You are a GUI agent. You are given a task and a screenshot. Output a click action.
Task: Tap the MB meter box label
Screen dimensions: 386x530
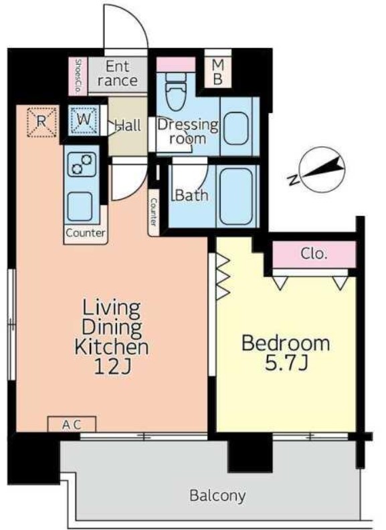pyautogui.click(x=218, y=72)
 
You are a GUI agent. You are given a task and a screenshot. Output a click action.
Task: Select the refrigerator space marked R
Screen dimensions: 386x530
pyautogui.click(x=41, y=122)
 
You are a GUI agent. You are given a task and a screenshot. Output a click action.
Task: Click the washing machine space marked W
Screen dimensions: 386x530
pyautogui.click(x=84, y=120)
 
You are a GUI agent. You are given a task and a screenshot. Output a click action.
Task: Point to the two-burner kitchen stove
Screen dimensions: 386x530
pyautogui.click(x=82, y=164)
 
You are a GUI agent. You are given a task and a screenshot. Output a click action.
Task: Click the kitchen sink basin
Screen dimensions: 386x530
pyautogui.click(x=80, y=207)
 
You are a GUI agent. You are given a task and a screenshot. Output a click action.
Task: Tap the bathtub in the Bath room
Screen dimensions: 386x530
pyautogui.click(x=236, y=196)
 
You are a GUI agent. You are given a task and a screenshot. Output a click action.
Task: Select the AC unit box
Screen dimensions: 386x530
pyautogui.click(x=72, y=424)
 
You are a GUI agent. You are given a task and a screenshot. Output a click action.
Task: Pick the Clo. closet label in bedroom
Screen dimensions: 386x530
pyautogui.click(x=314, y=253)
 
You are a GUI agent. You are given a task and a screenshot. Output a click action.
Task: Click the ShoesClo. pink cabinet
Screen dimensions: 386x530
pyautogui.click(x=78, y=76)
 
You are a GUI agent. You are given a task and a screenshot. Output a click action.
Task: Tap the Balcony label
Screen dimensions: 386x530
pyautogui.click(x=217, y=496)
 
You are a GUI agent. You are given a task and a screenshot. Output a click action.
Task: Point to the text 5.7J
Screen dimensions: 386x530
pyautogui.click(x=286, y=364)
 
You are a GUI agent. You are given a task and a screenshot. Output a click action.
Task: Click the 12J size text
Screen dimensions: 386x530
pyautogui.click(x=112, y=366)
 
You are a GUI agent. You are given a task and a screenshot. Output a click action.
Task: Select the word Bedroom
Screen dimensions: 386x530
pyautogui.click(x=286, y=343)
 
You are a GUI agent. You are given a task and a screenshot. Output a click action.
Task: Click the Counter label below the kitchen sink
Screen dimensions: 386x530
pyautogui.click(x=85, y=233)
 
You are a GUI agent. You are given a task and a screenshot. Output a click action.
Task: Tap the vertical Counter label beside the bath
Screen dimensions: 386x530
pyautogui.click(x=154, y=213)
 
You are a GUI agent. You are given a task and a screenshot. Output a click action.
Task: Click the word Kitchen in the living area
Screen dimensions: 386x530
pyautogui.click(x=112, y=346)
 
